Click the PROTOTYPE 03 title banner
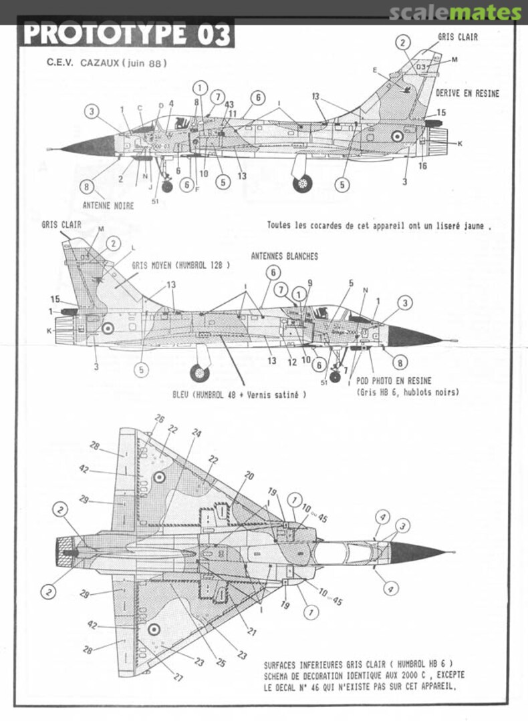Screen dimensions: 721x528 tap(127, 33)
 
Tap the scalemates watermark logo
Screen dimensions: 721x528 tap(454, 13)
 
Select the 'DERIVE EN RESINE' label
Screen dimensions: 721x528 tap(467, 93)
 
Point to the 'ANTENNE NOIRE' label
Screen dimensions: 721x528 tap(108, 206)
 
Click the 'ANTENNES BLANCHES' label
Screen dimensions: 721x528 tap(284, 256)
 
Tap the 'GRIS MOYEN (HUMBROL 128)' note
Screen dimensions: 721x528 tap(180, 265)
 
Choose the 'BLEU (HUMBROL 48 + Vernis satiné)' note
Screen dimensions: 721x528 tap(239, 395)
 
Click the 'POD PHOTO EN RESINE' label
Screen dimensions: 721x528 tap(394, 381)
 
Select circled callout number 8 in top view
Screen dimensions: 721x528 tap(87, 187)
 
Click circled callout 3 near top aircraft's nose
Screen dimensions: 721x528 tap(92, 111)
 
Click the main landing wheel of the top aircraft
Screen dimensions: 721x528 tap(303, 182)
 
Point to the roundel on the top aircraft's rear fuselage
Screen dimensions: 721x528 tap(397, 137)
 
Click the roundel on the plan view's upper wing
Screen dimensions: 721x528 tap(159, 477)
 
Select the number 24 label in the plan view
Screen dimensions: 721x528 tap(196, 432)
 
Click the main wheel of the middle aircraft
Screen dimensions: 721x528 tap(199, 373)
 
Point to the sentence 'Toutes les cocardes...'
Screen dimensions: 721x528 tap(379, 226)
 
